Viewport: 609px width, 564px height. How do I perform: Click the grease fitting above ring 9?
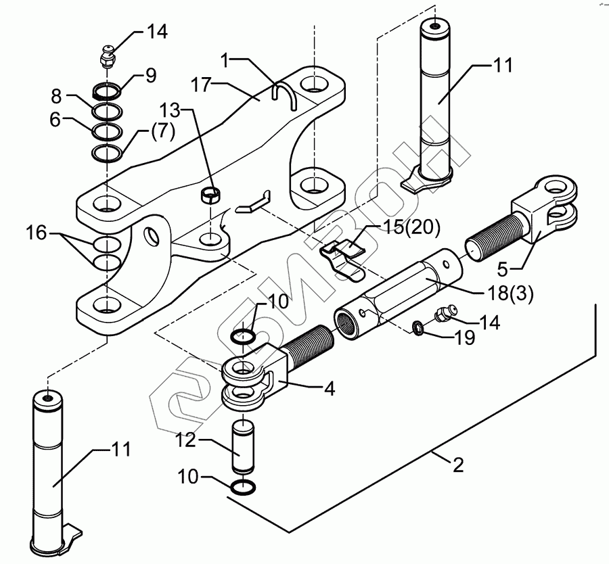107,57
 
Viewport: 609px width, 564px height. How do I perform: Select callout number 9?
151,75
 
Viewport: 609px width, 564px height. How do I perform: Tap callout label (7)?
162,132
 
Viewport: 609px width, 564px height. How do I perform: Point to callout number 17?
201,85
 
